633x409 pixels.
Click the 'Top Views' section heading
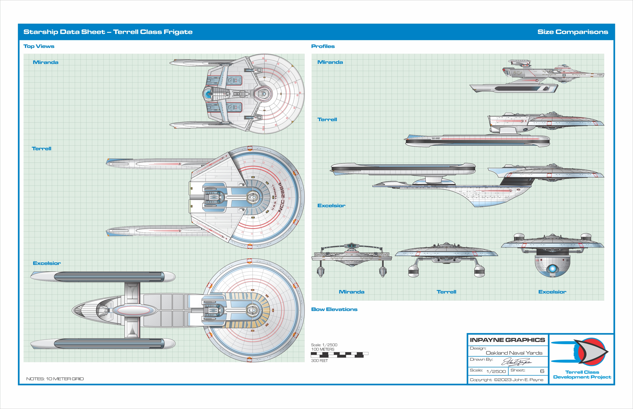point(39,46)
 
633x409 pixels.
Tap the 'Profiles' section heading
point(323,46)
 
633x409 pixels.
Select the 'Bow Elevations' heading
point(334,309)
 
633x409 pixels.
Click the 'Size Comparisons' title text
point(573,32)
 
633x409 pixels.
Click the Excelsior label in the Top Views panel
point(47,263)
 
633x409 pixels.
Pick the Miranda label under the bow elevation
point(351,292)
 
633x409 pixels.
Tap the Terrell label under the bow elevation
point(446,292)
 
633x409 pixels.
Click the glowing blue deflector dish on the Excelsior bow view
point(552,269)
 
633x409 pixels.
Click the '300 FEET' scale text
point(319,361)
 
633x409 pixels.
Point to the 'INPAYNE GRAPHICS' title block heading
point(507,340)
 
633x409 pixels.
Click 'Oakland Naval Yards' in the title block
point(514,353)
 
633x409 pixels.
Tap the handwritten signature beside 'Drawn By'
point(516,362)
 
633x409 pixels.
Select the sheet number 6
point(542,371)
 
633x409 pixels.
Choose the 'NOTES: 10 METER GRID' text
point(55,379)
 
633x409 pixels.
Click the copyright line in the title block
point(506,380)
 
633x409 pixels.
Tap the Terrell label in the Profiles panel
point(327,119)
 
